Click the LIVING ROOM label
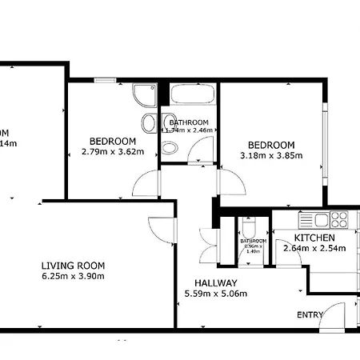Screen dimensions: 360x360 tap(73, 266)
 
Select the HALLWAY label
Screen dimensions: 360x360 tap(216, 283)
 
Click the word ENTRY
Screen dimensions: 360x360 tap(310, 315)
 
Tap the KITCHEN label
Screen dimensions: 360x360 tap(314, 238)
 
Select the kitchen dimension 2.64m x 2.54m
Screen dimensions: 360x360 tap(314, 248)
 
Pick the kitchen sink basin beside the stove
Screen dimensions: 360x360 tap(322, 218)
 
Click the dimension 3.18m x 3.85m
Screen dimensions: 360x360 tap(271, 155)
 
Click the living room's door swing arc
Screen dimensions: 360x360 tap(162, 230)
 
